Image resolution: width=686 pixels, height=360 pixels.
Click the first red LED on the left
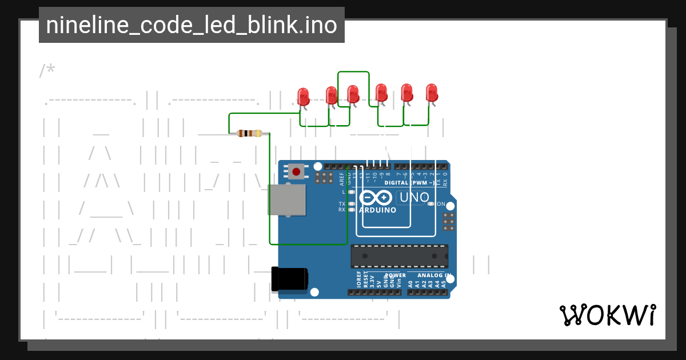[x=304, y=95]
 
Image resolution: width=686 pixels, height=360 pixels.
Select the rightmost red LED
[x=432, y=93]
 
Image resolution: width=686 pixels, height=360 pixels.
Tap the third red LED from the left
[x=353, y=94]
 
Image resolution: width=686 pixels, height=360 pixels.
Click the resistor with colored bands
[x=249, y=133]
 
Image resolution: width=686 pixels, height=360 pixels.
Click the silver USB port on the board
[x=286, y=199]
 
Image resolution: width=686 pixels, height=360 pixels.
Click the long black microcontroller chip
[x=399, y=255]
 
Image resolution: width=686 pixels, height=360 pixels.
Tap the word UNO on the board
[x=414, y=198]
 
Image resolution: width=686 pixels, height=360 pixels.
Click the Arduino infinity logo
[x=375, y=198]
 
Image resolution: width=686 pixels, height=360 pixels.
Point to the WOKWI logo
[x=607, y=315]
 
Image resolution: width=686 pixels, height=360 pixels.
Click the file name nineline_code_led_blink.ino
[x=192, y=25]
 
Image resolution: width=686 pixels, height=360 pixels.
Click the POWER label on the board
[x=394, y=275]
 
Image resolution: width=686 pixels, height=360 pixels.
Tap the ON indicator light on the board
[x=432, y=204]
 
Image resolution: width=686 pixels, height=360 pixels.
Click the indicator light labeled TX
[x=351, y=204]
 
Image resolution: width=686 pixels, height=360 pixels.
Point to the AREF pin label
[x=342, y=179]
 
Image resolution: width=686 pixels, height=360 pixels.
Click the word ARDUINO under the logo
[x=377, y=210]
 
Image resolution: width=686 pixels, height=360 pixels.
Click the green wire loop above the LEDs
[x=353, y=72]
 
